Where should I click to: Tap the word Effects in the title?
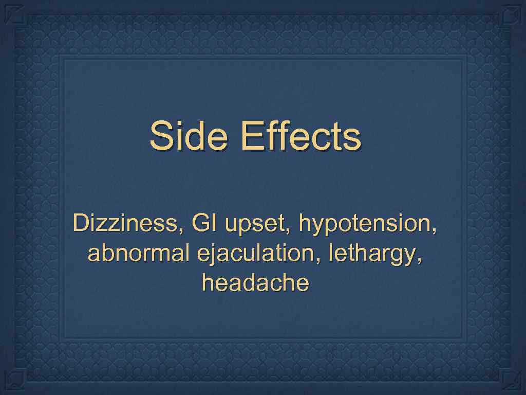coord(301,136)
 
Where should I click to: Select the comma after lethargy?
coord(422,260)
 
